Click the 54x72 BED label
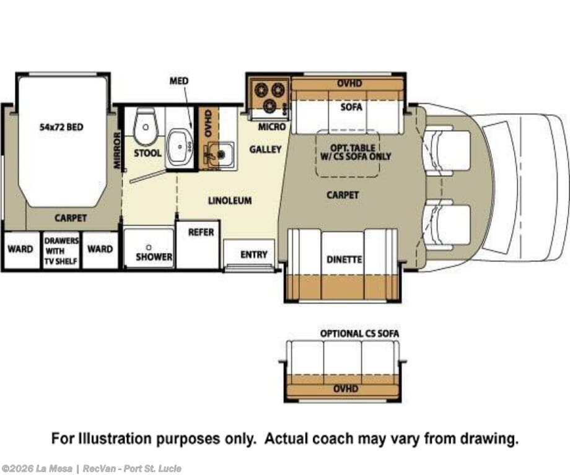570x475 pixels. coord(61,127)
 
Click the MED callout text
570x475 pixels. coord(179,81)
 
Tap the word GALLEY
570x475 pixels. coord(265,149)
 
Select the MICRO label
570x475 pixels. coord(272,126)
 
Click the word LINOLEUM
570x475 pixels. coord(230,200)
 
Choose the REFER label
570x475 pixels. coord(201,232)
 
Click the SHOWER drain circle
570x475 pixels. coord(149,248)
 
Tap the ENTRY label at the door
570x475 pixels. coord(254,255)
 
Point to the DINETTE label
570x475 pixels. coord(344,259)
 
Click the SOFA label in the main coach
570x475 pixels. coord(351,107)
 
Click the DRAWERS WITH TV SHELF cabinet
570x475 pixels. coord(61,250)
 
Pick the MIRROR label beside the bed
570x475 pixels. coord(116,150)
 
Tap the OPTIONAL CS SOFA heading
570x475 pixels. coord(359,333)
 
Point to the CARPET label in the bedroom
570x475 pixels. coord(71,218)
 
